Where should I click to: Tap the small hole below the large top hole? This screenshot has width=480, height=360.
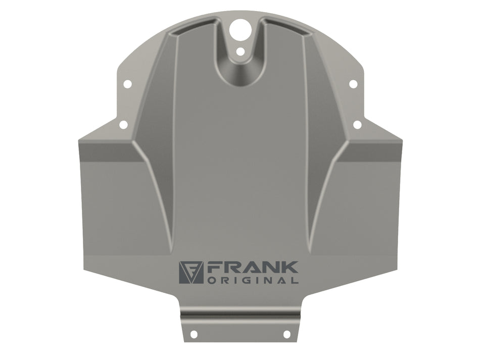coord(241,52)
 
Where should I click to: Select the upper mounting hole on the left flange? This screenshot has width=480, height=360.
coord(127,84)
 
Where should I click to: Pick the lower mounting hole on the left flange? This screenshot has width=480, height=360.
coord(123,125)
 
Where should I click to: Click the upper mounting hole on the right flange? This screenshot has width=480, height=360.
coord(353,84)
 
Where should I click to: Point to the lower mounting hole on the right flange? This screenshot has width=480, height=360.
coord(357,125)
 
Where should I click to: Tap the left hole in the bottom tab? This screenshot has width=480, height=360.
coord(194,334)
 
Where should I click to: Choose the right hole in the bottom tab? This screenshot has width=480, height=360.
coord(286,334)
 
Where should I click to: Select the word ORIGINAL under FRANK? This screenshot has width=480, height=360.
coord(253,280)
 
